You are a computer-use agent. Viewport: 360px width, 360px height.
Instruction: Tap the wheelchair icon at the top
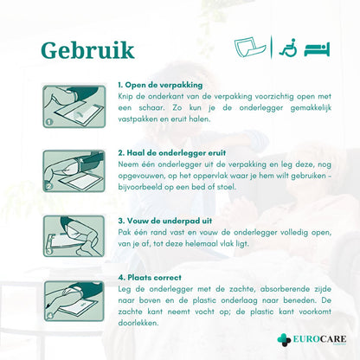click(288, 48)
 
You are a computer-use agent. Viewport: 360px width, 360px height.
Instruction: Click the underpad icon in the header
click(250, 48)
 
